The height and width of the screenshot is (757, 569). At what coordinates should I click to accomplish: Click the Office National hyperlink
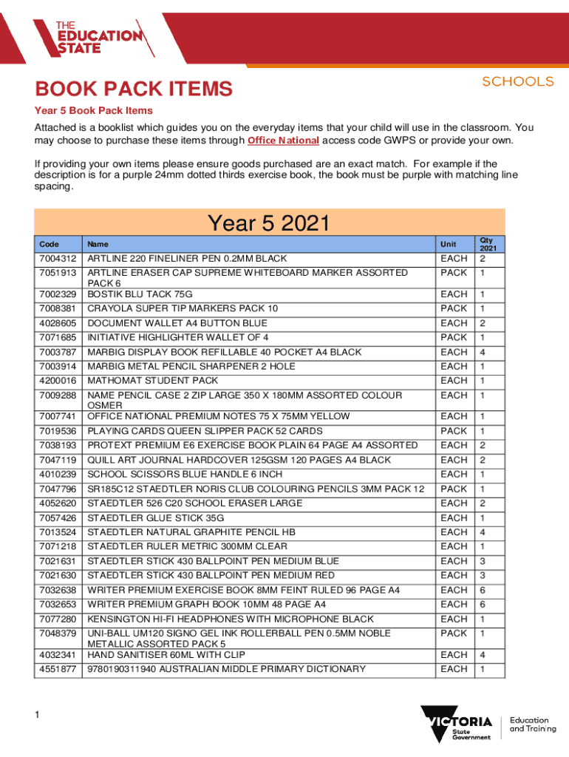coord(283,140)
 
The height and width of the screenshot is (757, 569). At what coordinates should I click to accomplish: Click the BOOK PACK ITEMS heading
coord(134,90)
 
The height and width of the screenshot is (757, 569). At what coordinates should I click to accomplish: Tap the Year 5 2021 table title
coord(268,223)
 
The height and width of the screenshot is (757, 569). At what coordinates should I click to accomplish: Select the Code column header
coord(50,244)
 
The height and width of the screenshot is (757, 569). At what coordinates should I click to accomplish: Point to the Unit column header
coord(449,244)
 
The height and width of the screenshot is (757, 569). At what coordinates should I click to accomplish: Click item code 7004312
coord(57,259)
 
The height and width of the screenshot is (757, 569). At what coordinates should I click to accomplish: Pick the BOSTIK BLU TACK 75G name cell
coord(140,294)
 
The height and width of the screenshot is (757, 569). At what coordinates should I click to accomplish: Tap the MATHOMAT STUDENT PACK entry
coord(153,381)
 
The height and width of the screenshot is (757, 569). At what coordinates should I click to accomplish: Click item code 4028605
coord(57,323)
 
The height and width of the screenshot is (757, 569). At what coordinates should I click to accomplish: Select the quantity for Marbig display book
coord(482,352)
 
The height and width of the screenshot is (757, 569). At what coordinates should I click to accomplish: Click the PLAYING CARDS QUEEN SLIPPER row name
coord(205,431)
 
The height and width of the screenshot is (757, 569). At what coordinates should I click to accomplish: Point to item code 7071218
coord(57,546)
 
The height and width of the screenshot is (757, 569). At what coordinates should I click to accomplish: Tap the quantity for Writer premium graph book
coord(482,604)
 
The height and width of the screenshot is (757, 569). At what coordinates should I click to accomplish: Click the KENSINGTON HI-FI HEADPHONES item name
coord(231,619)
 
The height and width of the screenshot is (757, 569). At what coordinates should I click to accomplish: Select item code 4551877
coord(57,669)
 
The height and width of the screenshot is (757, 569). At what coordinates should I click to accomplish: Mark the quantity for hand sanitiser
coord(482,654)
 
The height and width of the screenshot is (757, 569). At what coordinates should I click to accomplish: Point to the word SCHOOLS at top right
coord(518,81)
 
